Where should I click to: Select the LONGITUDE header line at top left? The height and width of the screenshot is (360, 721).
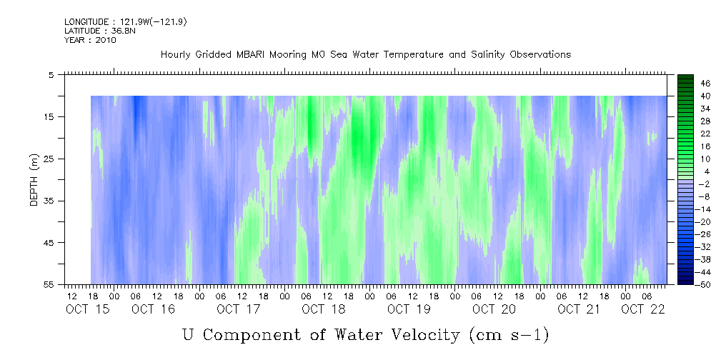[126, 21]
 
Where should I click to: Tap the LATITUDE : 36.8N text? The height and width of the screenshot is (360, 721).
[100, 31]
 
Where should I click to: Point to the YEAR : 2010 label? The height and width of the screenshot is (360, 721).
[90, 40]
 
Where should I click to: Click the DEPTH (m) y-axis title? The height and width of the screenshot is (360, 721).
[34, 180]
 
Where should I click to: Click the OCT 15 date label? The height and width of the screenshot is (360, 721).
[88, 309]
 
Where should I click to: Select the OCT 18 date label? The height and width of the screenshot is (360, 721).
[324, 309]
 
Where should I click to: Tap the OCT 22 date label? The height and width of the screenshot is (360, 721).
[643, 309]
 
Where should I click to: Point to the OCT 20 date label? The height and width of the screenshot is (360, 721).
[494, 309]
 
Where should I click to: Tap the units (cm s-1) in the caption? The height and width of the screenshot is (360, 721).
[509, 335]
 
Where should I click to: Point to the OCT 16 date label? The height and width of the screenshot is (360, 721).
[153, 309]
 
